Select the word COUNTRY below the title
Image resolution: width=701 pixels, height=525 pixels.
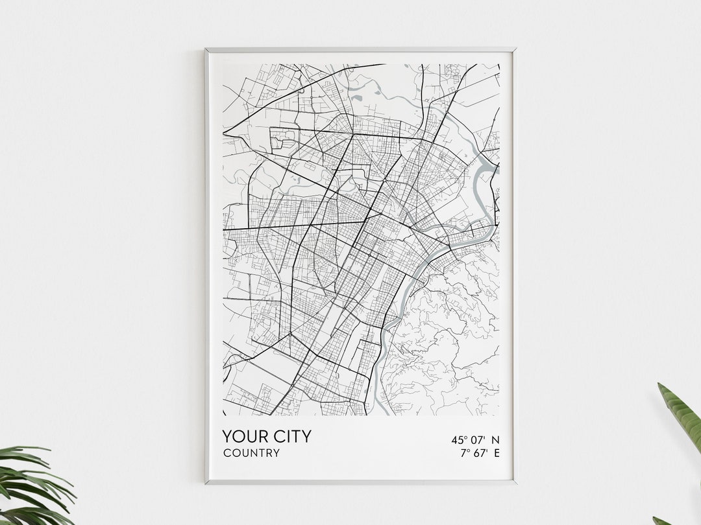(x=251, y=453)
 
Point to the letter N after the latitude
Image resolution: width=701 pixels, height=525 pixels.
(x=496, y=440)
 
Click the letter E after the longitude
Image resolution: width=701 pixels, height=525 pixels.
(x=497, y=453)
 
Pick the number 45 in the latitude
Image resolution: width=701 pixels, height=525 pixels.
(x=458, y=440)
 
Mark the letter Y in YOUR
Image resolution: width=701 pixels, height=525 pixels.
(x=228, y=436)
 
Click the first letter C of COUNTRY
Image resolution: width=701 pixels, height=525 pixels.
(x=227, y=453)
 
